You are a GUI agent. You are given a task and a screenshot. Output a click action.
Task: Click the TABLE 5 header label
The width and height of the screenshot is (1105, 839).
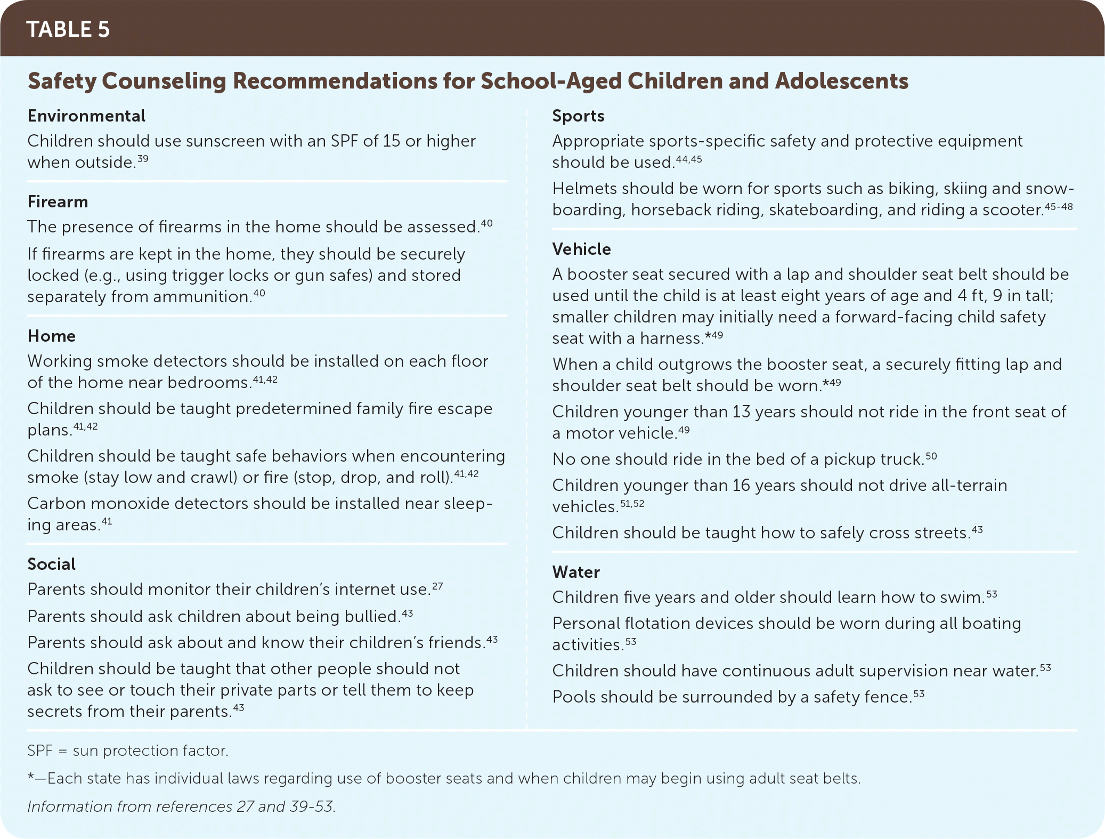pyautogui.click(x=68, y=29)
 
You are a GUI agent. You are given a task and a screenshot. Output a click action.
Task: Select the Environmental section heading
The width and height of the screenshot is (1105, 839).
pyautogui.click(x=86, y=116)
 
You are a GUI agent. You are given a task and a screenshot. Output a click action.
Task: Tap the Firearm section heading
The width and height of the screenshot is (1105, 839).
pyautogui.click(x=58, y=201)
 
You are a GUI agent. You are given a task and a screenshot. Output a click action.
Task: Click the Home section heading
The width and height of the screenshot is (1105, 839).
pyautogui.click(x=52, y=336)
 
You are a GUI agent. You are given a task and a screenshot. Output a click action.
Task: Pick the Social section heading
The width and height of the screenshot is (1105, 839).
pyautogui.click(x=52, y=564)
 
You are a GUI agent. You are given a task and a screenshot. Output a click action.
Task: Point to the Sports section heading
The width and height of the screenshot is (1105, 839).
pyautogui.click(x=578, y=116)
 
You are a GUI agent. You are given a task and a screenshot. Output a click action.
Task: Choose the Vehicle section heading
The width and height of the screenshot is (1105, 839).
pyautogui.click(x=581, y=249)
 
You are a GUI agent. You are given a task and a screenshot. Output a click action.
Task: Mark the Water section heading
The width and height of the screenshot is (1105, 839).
pyautogui.click(x=576, y=572)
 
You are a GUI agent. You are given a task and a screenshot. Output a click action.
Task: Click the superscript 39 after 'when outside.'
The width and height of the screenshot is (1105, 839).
pyautogui.click(x=142, y=158)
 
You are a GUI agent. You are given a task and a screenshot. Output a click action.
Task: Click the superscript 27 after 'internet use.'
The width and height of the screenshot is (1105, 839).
pyautogui.click(x=437, y=586)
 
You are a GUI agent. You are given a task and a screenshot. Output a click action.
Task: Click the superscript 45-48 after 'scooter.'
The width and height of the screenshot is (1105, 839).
pyautogui.click(x=1059, y=206)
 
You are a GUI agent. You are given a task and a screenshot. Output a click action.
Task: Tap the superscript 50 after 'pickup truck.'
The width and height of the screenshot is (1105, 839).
pyautogui.click(x=931, y=456)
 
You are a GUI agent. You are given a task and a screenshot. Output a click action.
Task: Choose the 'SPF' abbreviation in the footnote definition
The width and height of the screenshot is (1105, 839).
pyautogui.click(x=40, y=751)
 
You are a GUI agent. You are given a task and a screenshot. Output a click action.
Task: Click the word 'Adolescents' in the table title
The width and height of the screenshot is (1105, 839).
pyautogui.click(x=842, y=81)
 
